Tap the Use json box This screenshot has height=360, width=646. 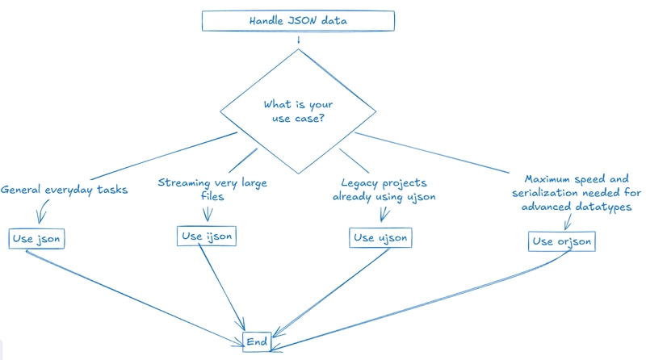[37, 239]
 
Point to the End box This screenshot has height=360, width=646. [257, 341]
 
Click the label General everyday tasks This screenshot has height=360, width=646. [64, 190]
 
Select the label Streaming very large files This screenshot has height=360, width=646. [212, 189]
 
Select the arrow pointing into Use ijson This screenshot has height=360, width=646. [207, 212]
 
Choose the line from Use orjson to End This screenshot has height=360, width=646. [420, 299]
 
